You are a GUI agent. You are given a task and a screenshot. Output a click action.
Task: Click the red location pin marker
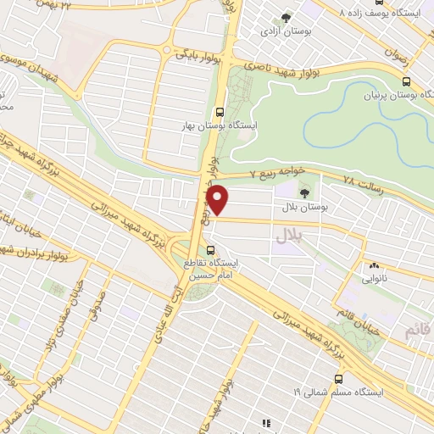click(218, 200)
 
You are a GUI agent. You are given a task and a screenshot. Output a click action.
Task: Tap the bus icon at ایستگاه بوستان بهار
click(220, 111)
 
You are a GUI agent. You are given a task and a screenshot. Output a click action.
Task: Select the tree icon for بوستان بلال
click(304, 194)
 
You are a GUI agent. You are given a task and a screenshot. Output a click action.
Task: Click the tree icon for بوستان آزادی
click(285, 17)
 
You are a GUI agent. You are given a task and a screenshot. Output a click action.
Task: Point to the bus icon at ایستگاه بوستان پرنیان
click(406, 82)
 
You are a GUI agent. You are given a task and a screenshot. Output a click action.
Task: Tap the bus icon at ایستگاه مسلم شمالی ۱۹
click(338, 379)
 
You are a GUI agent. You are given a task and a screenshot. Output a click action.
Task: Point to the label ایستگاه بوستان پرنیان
click(392, 97)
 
